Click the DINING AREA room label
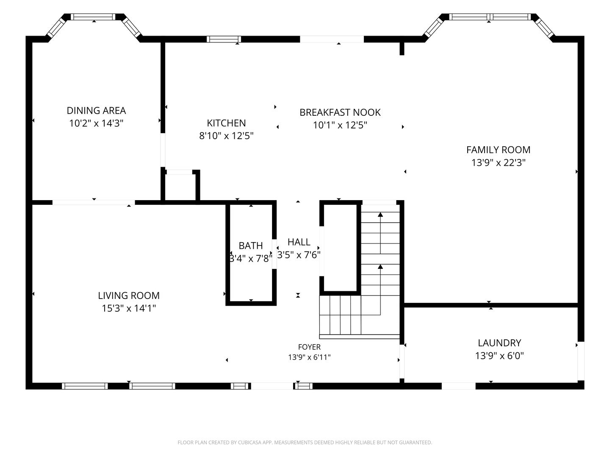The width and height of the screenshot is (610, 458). (96, 111)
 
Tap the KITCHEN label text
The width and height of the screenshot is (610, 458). (226, 123)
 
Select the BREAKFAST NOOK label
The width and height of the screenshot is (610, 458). (340, 112)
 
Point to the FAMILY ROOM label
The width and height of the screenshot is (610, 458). (498, 150)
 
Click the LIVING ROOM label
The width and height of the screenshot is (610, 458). (129, 295)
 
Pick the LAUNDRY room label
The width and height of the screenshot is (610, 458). (499, 343)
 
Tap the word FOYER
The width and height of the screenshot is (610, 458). (309, 347)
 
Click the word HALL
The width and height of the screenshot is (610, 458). (299, 242)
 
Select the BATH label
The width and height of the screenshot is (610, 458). (251, 246)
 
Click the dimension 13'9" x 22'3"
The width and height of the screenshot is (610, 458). (498, 163)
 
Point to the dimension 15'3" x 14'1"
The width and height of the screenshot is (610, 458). (129, 308)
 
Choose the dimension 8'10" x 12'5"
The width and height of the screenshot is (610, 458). (226, 136)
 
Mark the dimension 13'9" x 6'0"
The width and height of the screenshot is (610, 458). (499, 356)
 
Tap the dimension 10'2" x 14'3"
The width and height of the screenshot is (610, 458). (96, 123)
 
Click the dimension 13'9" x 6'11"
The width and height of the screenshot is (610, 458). (309, 357)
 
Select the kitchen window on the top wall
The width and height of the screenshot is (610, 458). (224, 39)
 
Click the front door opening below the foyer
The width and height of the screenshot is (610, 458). (272, 386)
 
